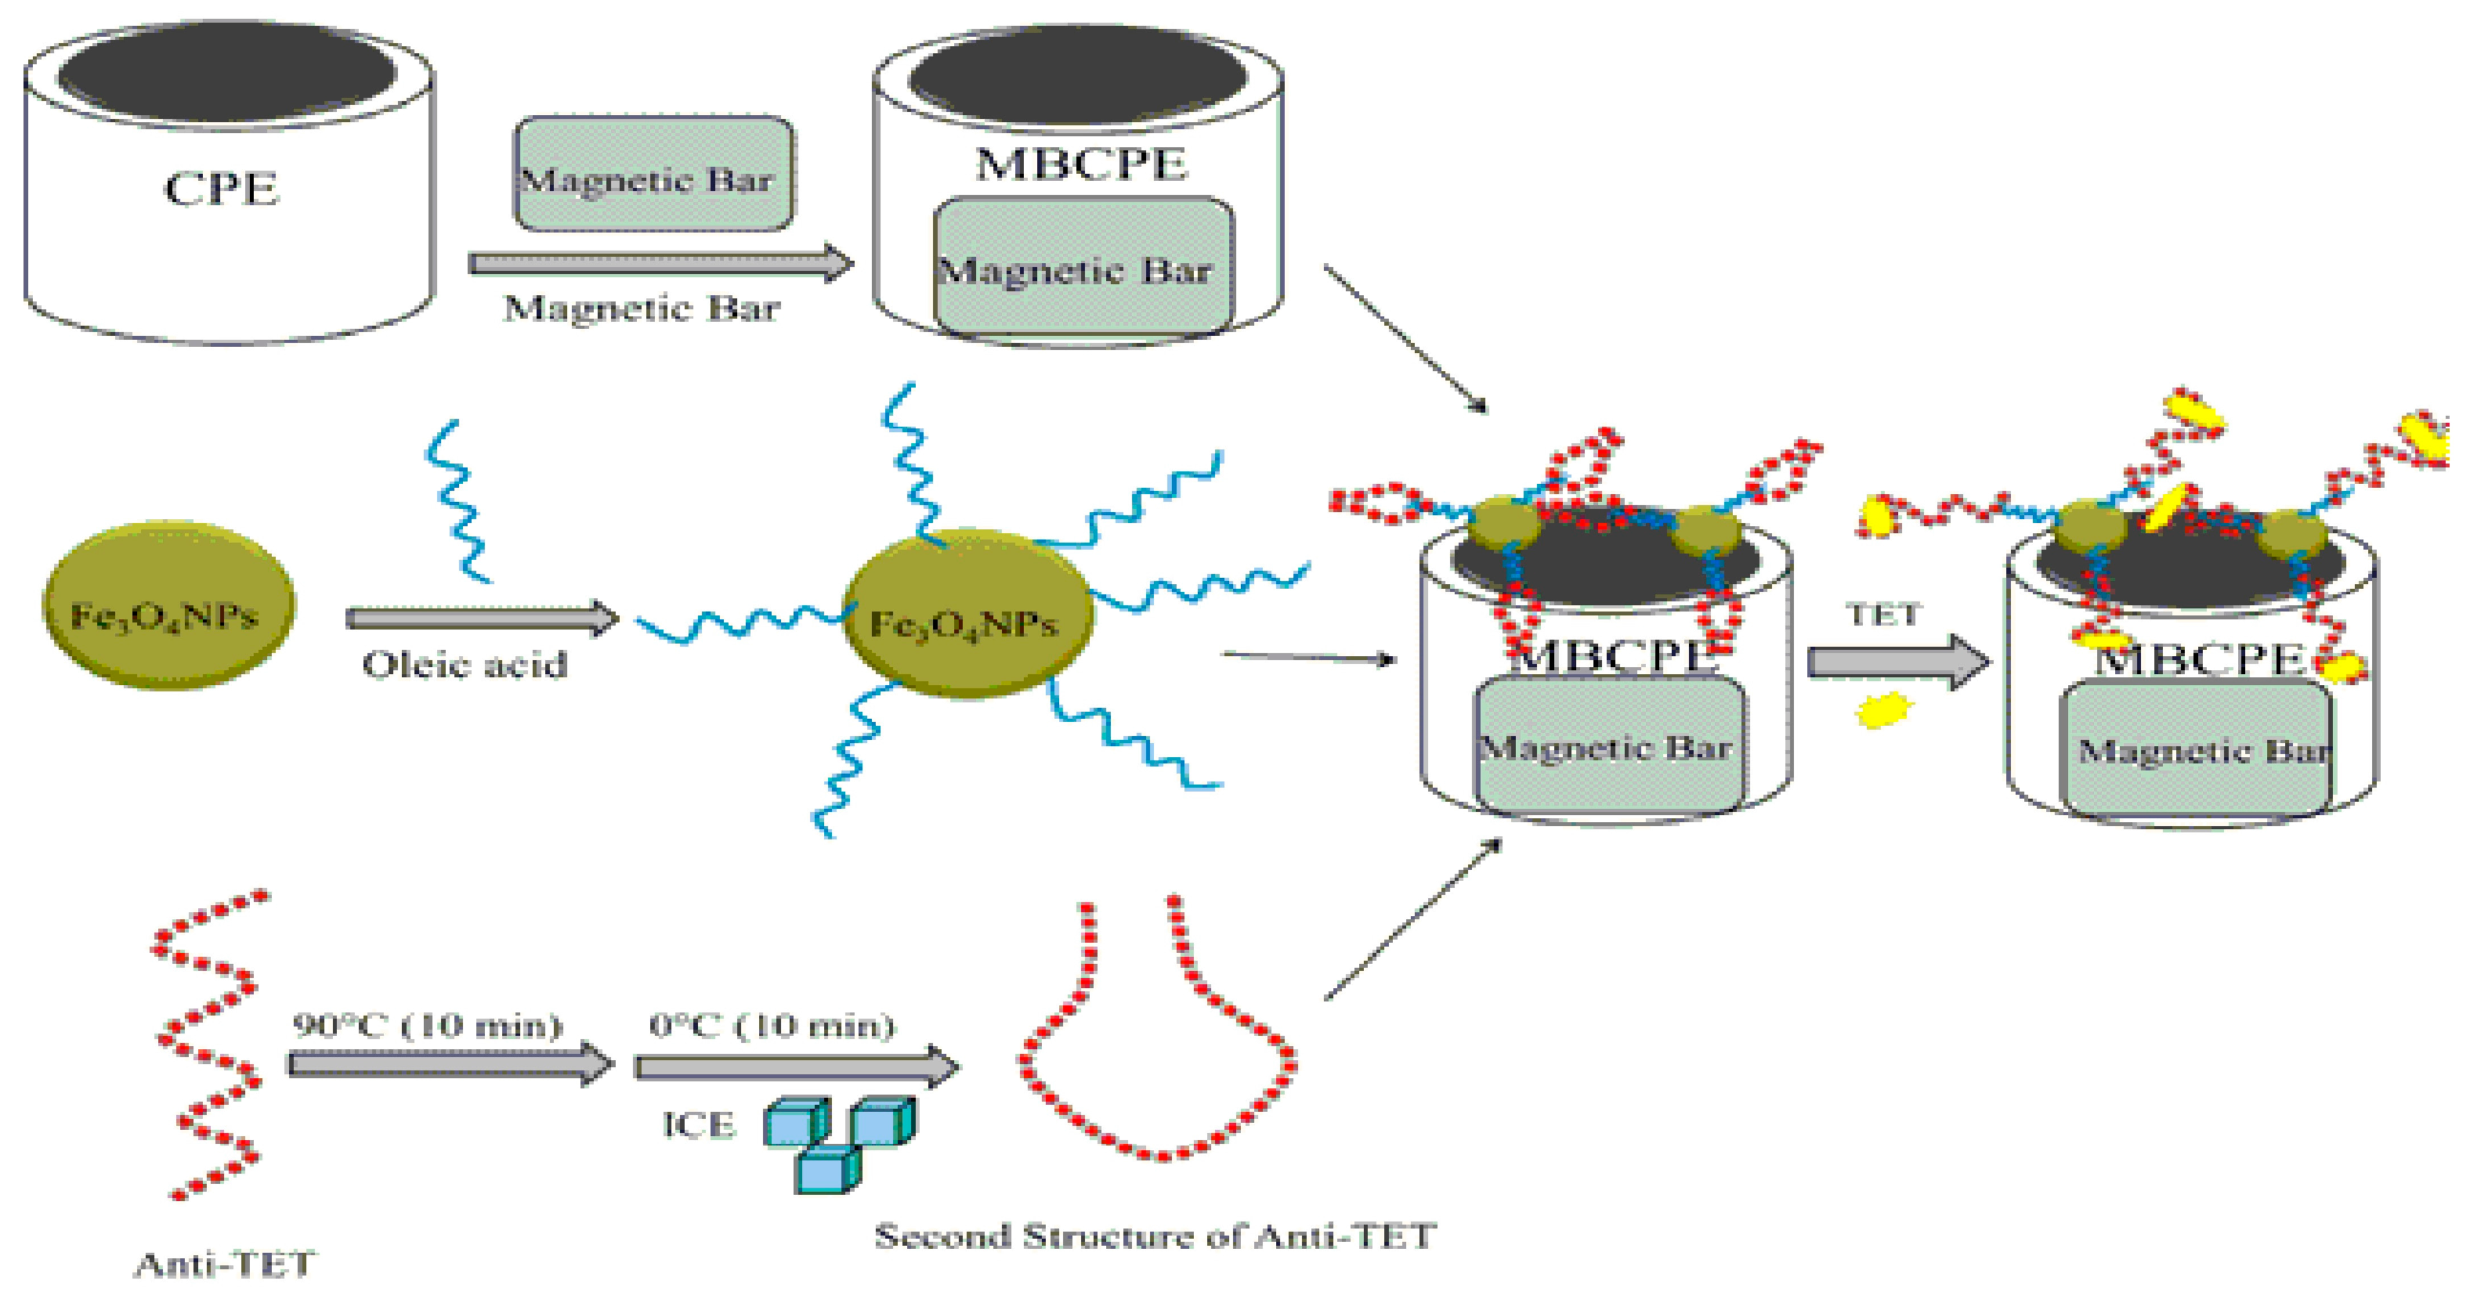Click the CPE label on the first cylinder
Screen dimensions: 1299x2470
click(222, 188)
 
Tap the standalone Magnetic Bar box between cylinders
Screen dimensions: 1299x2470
click(653, 175)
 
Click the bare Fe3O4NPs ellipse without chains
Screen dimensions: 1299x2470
click(168, 605)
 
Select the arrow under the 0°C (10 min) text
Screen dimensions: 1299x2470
click(796, 1066)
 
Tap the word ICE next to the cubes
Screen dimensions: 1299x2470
click(698, 1124)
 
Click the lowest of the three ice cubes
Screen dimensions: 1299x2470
click(826, 1171)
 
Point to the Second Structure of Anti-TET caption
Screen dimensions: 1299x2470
click(1155, 1236)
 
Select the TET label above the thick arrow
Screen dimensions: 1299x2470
click(1883, 615)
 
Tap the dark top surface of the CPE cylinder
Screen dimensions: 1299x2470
click(227, 74)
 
